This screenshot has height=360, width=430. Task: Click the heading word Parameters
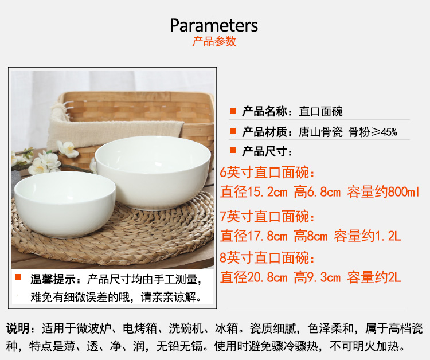214,25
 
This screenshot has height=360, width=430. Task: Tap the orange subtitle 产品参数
214,41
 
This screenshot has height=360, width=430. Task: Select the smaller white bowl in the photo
65,204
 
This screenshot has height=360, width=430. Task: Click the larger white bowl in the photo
153,172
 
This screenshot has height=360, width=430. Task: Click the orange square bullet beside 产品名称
233,111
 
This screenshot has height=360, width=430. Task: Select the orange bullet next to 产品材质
233,131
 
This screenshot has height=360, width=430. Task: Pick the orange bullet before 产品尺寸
233,150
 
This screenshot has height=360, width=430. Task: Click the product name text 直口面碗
320,112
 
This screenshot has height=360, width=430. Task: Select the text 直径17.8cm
254,236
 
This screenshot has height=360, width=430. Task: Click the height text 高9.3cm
317,277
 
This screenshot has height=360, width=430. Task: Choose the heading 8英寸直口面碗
267,258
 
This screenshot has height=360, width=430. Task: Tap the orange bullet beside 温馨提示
18,277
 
